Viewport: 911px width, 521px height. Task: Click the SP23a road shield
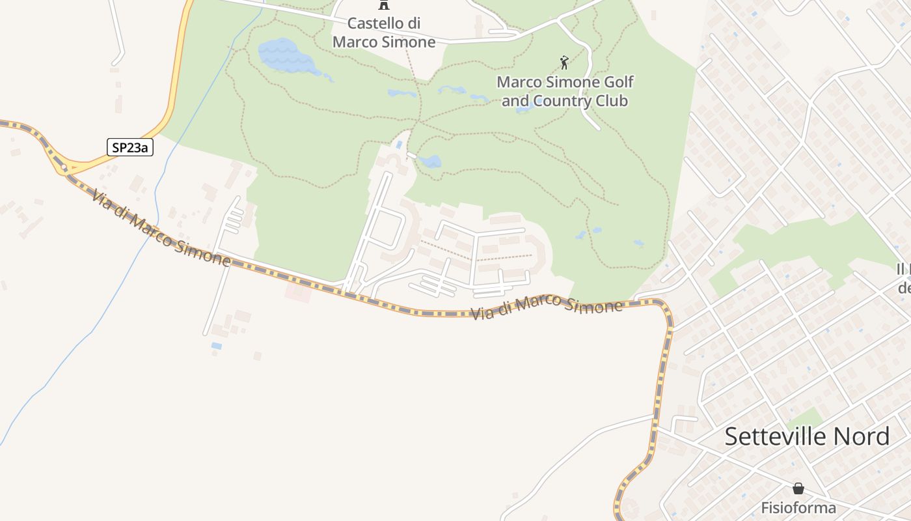click(129, 148)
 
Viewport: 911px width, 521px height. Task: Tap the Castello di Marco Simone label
click(384, 33)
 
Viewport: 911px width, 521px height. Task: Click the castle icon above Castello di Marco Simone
click(384, 5)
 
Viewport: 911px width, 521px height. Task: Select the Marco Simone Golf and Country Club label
click(565, 92)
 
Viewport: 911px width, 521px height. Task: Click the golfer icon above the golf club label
click(564, 63)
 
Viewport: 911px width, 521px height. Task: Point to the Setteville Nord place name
click(807, 436)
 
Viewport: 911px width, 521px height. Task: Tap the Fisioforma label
click(798, 507)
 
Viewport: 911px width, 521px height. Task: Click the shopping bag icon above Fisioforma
click(798, 488)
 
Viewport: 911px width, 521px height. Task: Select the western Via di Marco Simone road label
click(161, 228)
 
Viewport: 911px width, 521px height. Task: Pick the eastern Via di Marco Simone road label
click(546, 307)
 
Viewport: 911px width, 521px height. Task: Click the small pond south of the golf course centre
click(429, 161)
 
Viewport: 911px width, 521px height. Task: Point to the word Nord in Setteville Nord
click(858, 436)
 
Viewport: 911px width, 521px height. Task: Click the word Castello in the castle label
click(375, 23)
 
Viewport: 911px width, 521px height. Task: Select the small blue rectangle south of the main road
click(216, 346)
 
